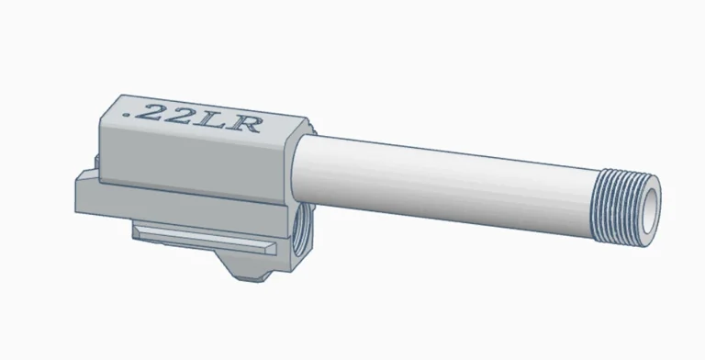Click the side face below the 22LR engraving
pos(193,156)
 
